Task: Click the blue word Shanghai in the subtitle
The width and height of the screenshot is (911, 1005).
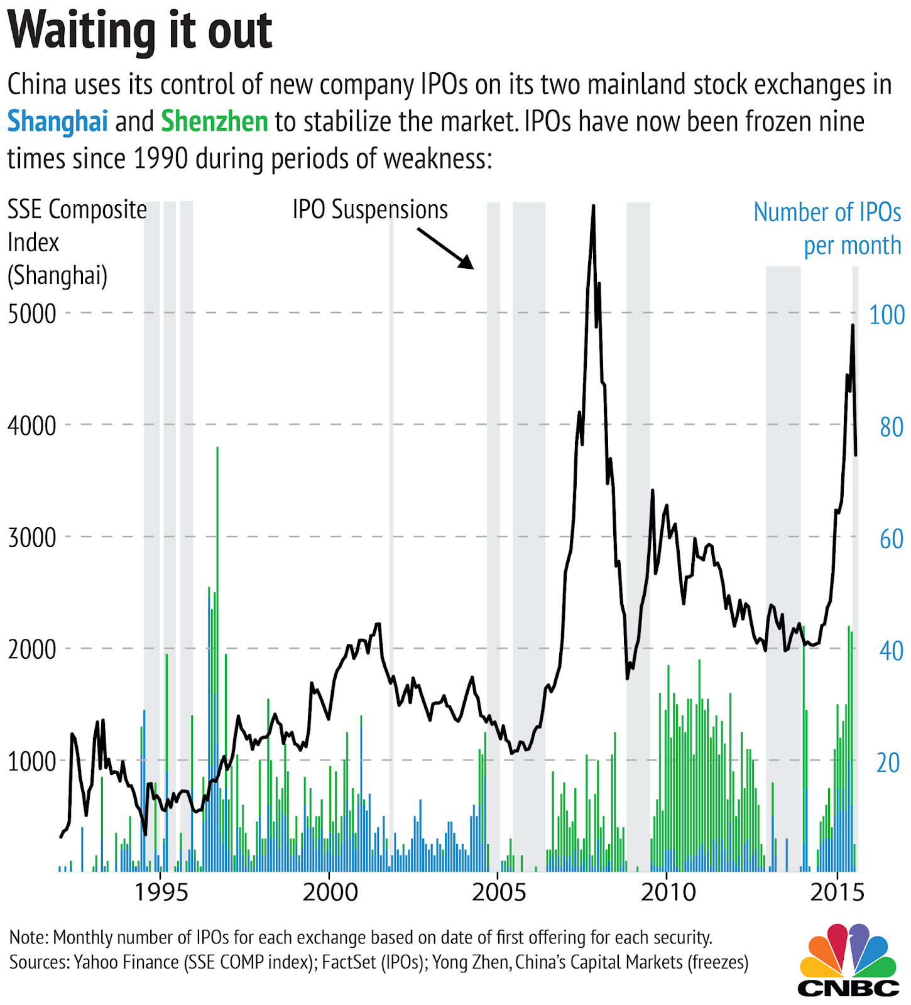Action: point(57,121)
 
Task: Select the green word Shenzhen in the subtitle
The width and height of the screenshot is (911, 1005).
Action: point(214,121)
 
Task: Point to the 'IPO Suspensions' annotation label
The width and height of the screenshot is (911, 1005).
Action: point(370,210)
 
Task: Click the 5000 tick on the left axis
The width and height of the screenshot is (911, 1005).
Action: point(32,314)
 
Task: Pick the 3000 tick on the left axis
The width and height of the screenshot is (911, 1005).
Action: point(32,538)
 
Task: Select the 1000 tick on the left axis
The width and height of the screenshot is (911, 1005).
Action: point(32,762)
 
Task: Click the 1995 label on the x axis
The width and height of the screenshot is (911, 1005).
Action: point(161,893)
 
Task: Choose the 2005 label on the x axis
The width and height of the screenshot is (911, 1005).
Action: point(499,893)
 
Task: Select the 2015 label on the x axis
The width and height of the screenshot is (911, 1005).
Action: point(837,893)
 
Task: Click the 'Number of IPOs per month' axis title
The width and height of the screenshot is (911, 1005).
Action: point(827,229)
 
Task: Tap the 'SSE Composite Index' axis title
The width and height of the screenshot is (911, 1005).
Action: point(77,242)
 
